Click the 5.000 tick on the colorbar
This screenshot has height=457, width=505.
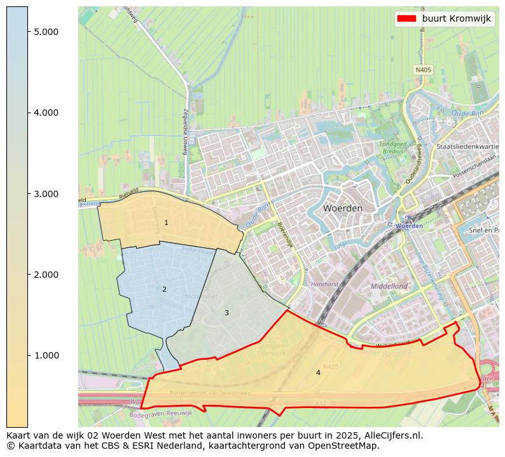tap(46, 32)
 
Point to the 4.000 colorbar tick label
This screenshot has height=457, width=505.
tap(46, 113)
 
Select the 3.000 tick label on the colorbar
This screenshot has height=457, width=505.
tap(46, 194)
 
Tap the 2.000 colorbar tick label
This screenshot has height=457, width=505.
tap(46, 275)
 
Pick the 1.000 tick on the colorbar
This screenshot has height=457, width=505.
tap(46, 355)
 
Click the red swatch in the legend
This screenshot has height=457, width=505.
tap(406, 18)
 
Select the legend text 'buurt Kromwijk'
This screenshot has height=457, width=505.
tap(456, 18)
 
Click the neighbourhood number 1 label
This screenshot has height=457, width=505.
tap(166, 223)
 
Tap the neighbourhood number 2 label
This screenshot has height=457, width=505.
tap(164, 289)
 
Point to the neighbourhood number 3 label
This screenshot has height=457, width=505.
tap(226, 313)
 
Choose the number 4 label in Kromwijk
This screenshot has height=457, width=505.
tap(318, 372)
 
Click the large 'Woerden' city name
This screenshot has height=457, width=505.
tap(342, 208)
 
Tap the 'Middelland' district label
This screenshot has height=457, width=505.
tap(389, 286)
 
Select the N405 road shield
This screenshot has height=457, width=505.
tap(423, 70)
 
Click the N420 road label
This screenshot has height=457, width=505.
tap(330, 367)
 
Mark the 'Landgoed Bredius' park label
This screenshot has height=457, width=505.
tap(393, 147)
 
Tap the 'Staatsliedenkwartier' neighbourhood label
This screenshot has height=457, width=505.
tap(469, 146)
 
